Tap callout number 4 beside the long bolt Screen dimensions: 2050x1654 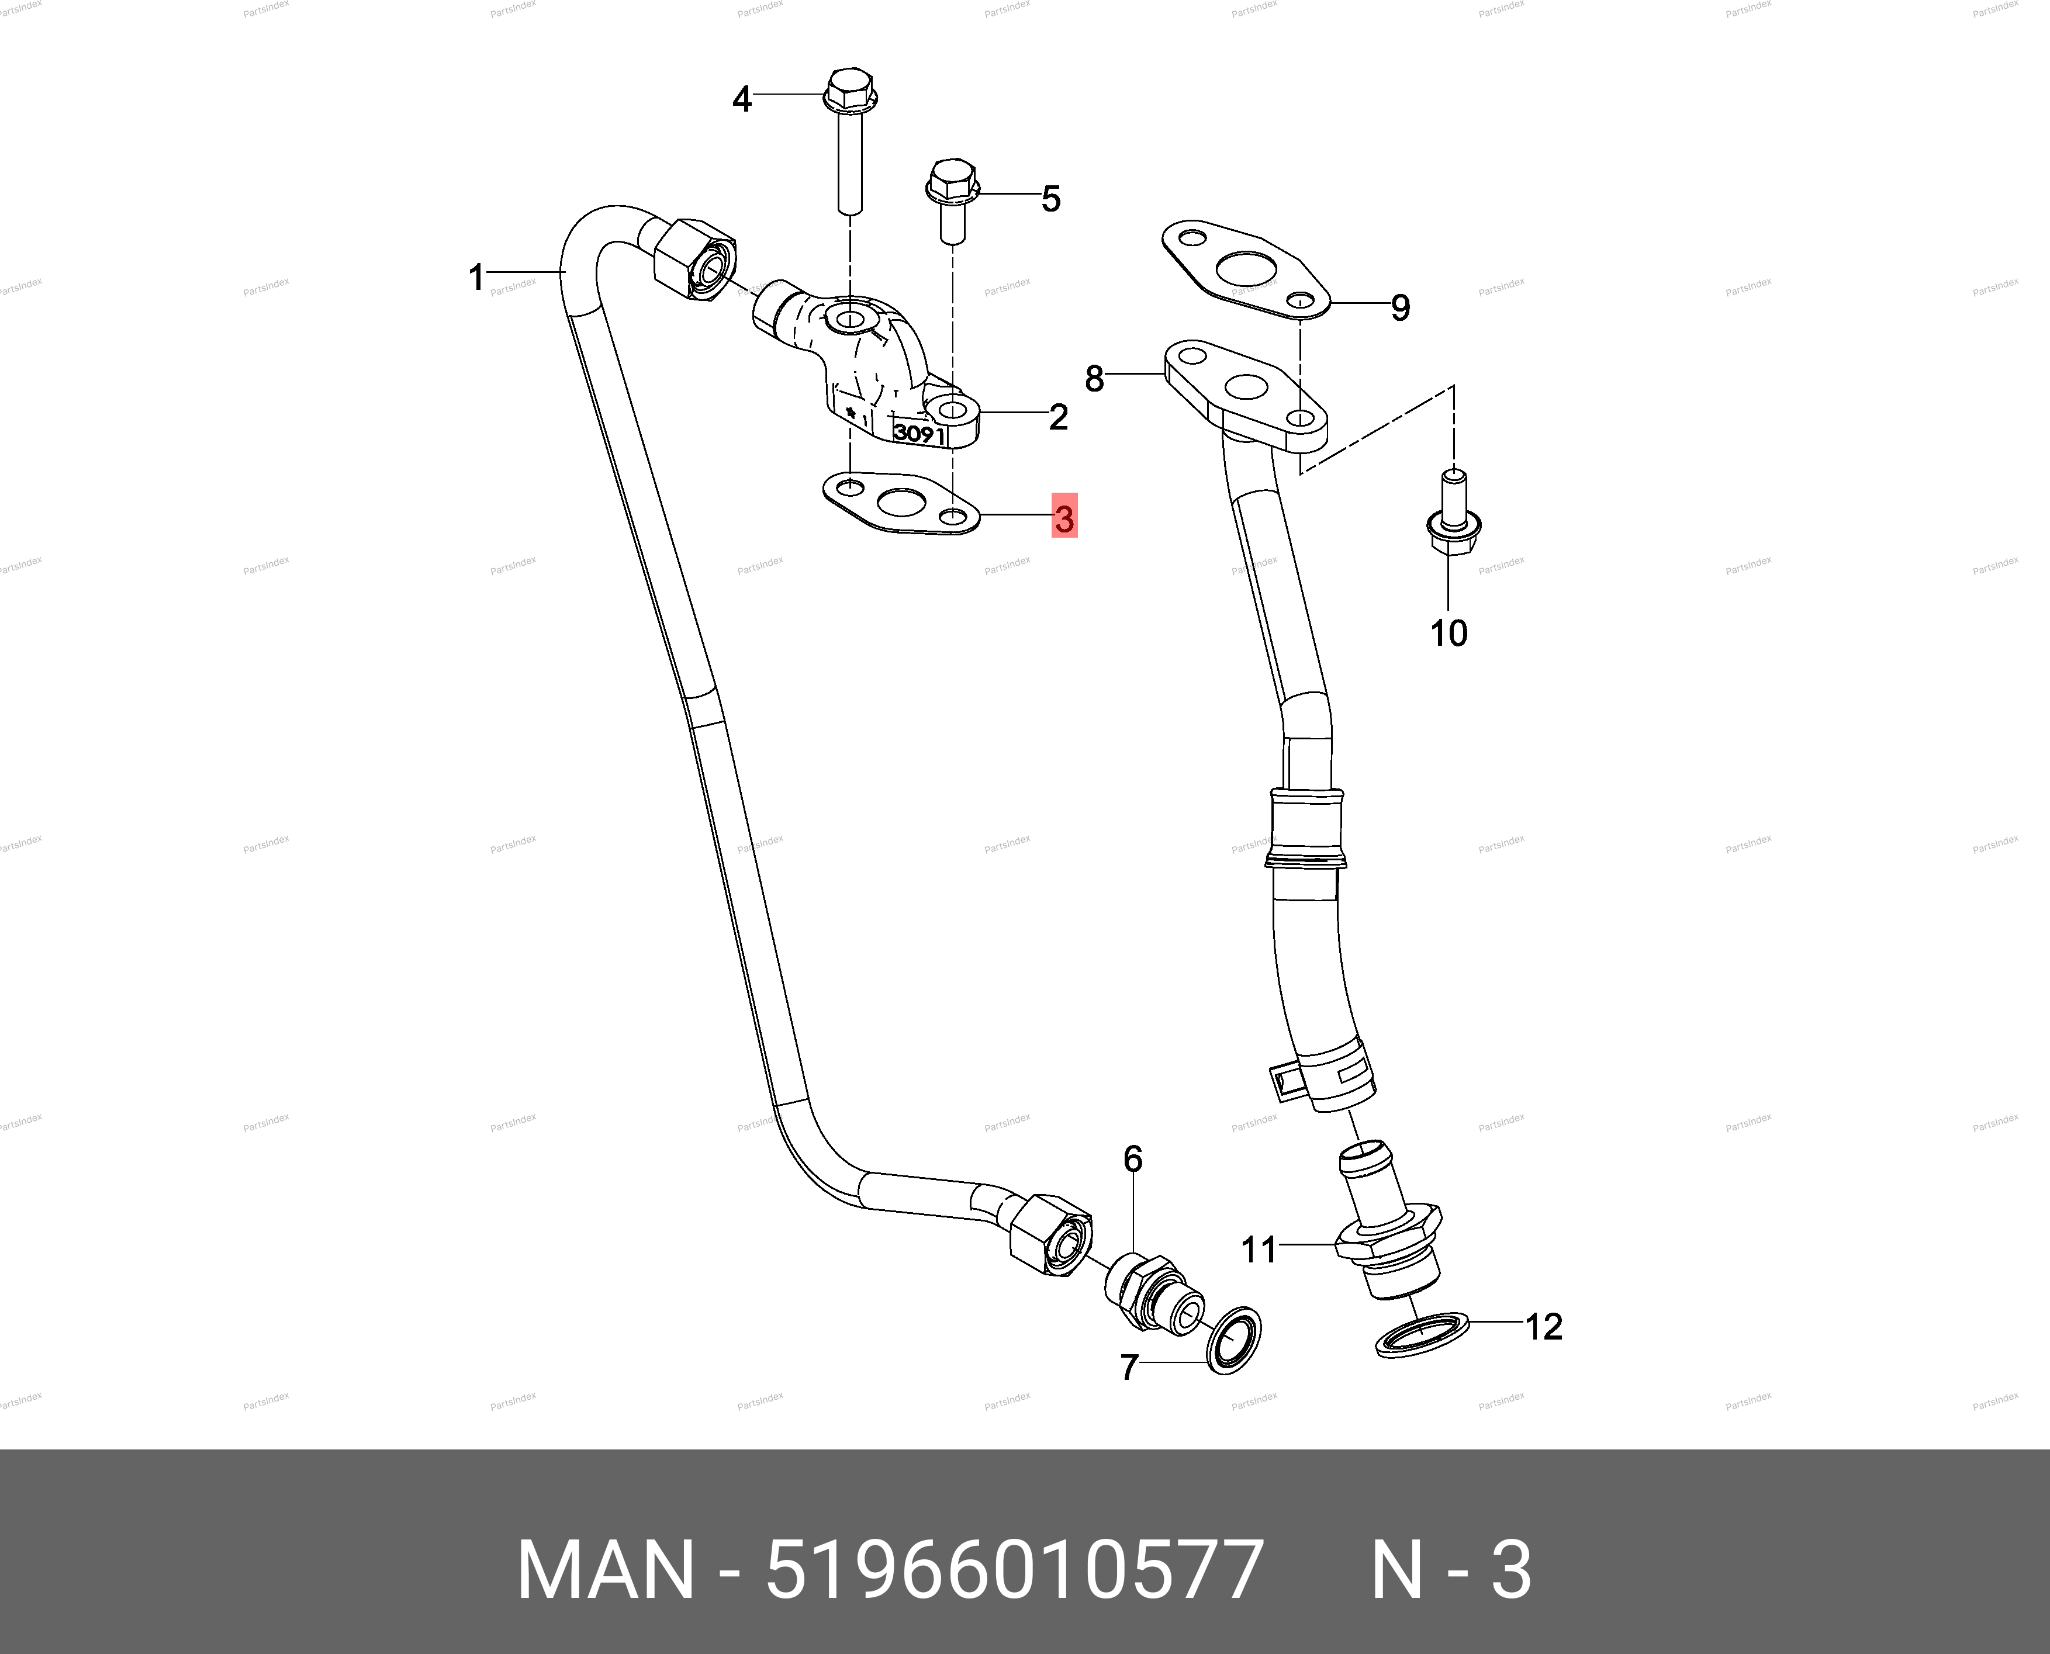pos(741,98)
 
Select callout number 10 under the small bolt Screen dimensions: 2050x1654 pos(1449,632)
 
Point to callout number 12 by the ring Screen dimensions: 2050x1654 pos(1544,1326)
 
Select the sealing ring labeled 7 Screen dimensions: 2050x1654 pos(1233,1341)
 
